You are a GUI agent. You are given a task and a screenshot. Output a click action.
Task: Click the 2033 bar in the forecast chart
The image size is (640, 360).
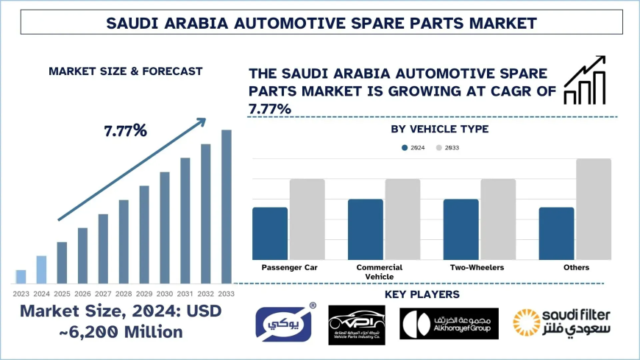coord(227,206)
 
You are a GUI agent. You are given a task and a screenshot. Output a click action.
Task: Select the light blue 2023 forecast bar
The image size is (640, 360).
coord(21,276)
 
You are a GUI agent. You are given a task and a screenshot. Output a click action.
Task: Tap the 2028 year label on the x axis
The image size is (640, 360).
coord(124,294)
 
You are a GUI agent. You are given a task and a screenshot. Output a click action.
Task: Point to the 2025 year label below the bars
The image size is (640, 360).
coord(62,294)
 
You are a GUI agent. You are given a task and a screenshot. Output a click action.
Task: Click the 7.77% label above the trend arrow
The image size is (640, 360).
coord(125,131)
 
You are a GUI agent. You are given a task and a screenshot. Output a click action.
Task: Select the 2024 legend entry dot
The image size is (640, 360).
coord(405,148)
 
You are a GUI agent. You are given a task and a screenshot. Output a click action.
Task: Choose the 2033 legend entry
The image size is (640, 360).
coord(447,148)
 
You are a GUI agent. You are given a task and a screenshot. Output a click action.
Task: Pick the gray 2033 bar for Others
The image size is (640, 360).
coord(593,208)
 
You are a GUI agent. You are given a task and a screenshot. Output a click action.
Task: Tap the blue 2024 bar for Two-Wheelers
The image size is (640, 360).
coord(461,229)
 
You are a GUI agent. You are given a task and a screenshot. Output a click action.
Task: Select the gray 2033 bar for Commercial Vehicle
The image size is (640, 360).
coord(402,219)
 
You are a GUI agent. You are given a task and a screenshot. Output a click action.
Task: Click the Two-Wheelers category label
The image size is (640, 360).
coord(477,267)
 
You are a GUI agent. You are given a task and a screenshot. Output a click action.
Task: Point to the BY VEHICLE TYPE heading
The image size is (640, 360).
coord(440,130)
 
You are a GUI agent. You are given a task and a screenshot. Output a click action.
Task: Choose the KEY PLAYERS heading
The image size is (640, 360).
coord(422,294)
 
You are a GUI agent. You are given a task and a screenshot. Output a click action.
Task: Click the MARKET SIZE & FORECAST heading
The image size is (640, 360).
coord(125,71)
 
